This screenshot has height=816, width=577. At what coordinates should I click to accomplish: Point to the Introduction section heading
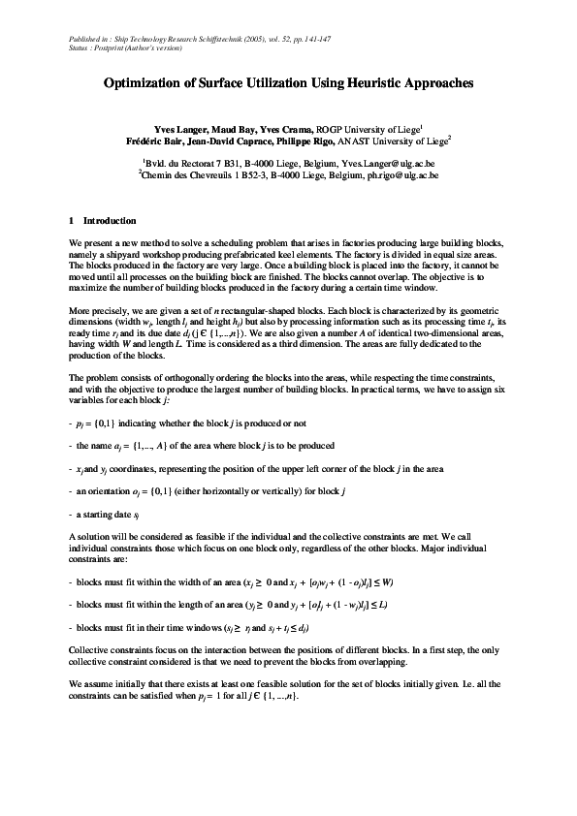[110, 221]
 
